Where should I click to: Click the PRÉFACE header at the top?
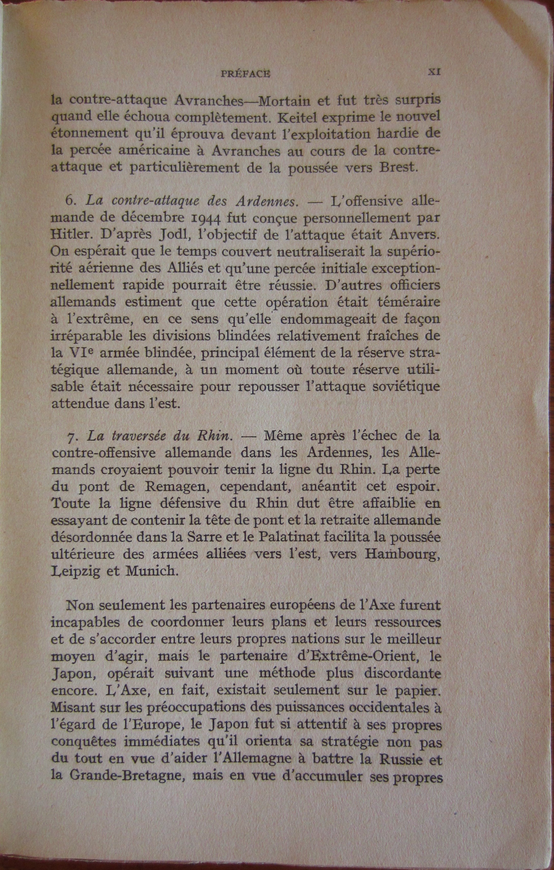pyautogui.click(x=245, y=73)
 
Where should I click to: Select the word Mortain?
pyautogui.click(x=290, y=101)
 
